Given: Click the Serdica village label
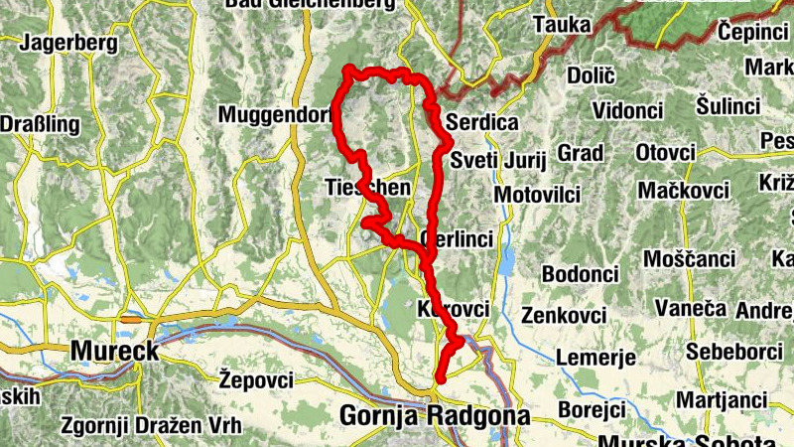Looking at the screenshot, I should pyautogui.click(x=483, y=123).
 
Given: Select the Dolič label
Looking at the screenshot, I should pyautogui.click(x=592, y=74).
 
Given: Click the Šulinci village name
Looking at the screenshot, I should pyautogui.click(x=728, y=105).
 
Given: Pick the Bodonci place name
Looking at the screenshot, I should pyautogui.click(x=581, y=273).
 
